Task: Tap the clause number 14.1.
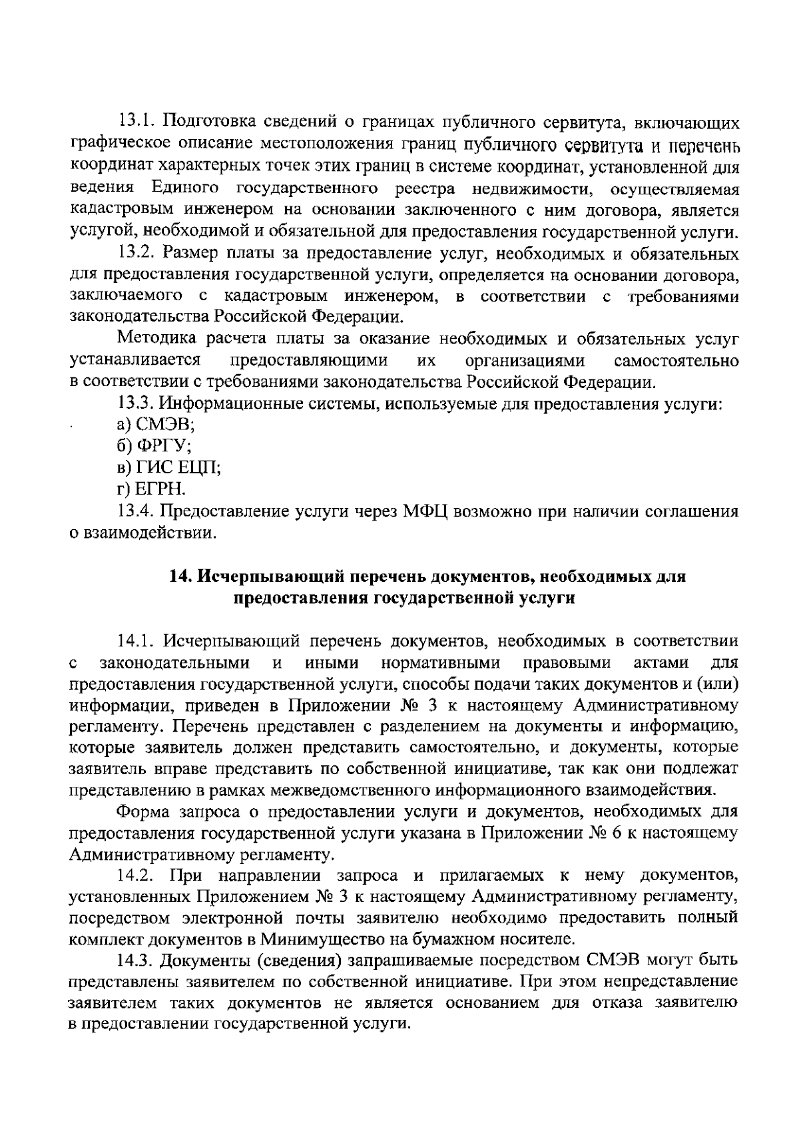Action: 136,641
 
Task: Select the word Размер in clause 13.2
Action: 189,254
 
